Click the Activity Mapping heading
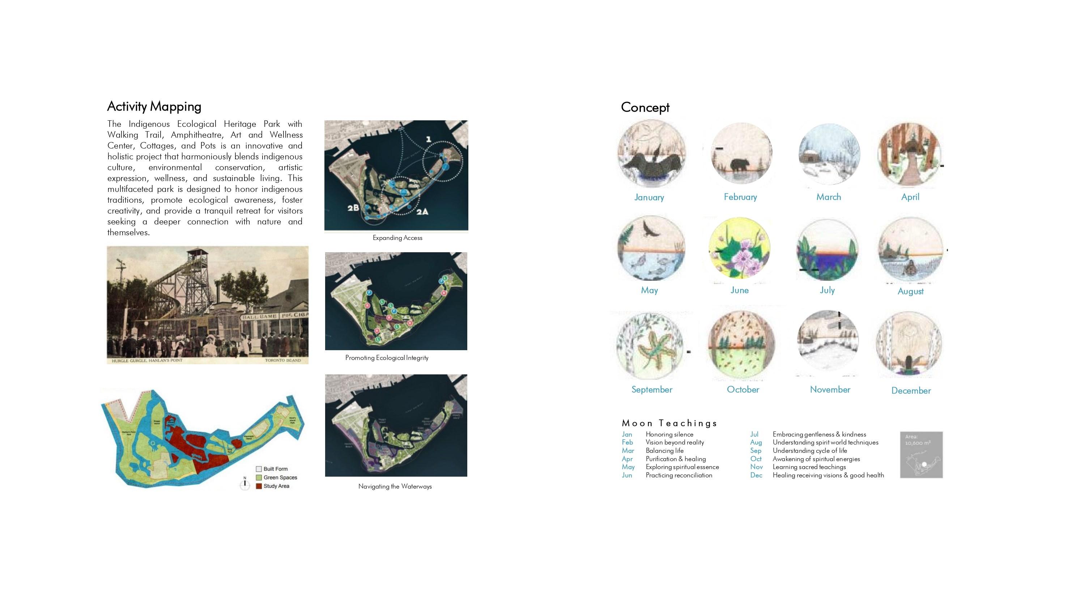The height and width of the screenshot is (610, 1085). (154, 107)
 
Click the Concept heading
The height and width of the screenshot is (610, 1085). (645, 107)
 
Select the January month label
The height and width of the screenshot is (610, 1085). (649, 197)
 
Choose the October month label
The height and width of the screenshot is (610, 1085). (743, 390)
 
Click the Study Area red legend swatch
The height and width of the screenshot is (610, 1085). (259, 486)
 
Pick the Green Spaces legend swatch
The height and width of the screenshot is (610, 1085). (259, 477)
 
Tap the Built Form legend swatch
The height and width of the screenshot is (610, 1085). (259, 469)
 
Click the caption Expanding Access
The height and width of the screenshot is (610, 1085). (397, 238)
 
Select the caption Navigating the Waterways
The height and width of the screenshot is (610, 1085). (395, 486)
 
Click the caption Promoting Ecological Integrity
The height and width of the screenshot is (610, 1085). (387, 358)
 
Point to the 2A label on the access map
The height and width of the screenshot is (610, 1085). (422, 211)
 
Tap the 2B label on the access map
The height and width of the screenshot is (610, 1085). (353, 207)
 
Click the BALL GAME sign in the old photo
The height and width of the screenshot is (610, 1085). (259, 317)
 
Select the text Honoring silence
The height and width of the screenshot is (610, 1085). (669, 434)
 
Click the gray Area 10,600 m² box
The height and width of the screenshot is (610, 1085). (921, 455)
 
